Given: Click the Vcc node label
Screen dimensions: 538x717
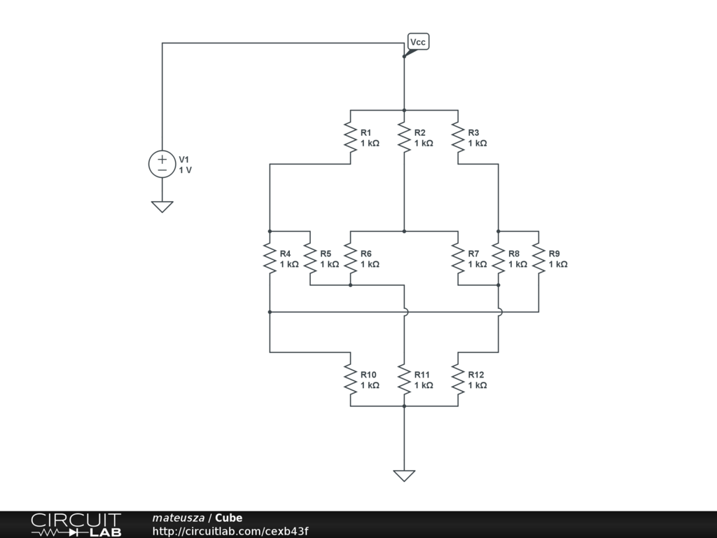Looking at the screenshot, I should tap(418, 42).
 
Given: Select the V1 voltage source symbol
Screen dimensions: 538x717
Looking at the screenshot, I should tap(162, 164).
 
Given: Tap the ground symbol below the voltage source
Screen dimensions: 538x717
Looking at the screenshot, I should tap(162, 206).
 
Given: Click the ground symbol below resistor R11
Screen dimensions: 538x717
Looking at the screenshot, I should tap(404, 475).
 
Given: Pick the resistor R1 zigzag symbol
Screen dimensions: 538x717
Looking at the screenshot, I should tap(350, 137).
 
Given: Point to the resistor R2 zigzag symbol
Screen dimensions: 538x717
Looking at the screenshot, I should tap(404, 137).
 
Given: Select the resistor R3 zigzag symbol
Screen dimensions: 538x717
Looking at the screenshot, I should tap(458, 137).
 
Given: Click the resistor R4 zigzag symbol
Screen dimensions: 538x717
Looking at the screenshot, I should tap(270, 258).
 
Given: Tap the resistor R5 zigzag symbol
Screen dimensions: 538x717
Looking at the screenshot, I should tap(310, 258).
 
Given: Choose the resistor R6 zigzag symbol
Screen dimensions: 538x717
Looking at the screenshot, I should tap(350, 258).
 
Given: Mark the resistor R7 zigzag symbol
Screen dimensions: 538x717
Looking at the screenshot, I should tap(458, 258).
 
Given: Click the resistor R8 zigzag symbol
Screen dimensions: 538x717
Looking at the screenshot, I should tap(499, 258).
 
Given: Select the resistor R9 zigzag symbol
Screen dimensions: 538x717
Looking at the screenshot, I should tap(538, 258).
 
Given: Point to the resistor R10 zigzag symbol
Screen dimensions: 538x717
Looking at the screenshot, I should tap(350, 379).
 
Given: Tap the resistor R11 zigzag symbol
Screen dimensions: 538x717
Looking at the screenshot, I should tap(404, 379).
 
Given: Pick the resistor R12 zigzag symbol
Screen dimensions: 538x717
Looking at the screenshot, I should tap(458, 379).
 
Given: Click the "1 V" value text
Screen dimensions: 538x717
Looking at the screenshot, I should tap(186, 170).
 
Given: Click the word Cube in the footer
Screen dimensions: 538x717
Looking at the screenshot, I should tap(229, 518).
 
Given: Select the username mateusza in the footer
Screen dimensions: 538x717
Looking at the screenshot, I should tap(178, 518).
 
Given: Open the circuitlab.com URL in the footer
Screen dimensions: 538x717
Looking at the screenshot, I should tap(230, 532).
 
